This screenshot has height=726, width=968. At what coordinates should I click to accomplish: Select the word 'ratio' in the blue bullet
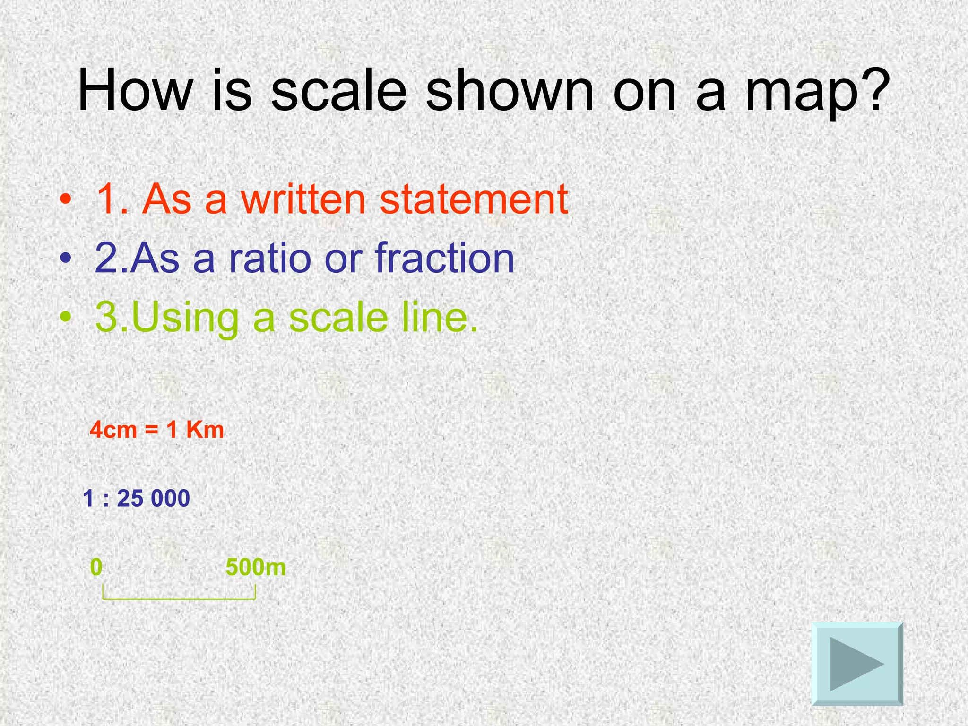pos(270,258)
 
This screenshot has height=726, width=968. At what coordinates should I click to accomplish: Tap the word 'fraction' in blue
pos(444,258)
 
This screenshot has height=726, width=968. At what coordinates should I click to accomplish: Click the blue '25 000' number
pos(153,499)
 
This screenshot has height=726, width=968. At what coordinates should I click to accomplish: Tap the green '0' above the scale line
pos(96,567)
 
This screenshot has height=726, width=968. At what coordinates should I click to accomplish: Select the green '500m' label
pos(256,567)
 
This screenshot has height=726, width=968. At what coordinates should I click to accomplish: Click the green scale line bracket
pos(179,598)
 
